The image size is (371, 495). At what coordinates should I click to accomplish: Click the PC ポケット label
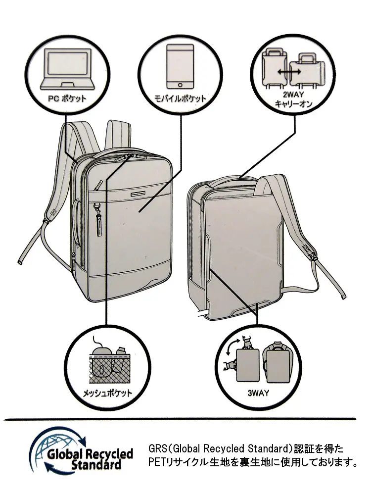point(67,98)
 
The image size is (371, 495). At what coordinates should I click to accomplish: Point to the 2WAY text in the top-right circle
point(289,94)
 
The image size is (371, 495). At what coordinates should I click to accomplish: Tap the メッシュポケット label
point(107,394)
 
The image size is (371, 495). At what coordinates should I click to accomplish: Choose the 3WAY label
point(258,394)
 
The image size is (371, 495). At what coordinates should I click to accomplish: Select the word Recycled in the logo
point(109,454)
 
